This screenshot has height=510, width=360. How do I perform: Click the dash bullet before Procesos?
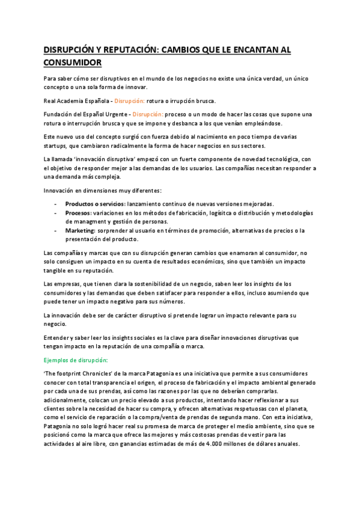[56, 213]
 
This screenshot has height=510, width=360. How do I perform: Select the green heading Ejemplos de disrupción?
[76, 360]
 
